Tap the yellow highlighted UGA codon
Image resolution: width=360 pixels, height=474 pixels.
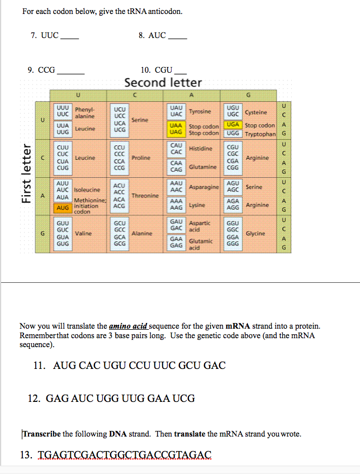[x=233, y=126]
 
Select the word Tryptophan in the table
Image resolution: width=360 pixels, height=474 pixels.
[x=260, y=134]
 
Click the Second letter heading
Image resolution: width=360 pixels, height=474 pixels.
[x=163, y=83]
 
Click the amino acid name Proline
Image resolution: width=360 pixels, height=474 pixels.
[x=141, y=158]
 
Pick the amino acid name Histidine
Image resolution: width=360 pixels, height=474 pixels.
[x=201, y=149]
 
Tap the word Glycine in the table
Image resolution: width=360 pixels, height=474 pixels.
[x=256, y=234]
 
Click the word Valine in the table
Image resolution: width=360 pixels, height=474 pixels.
[x=83, y=234]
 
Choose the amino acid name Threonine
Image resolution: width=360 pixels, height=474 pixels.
[x=145, y=196]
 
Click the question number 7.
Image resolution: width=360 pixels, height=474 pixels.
[x=34, y=35]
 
